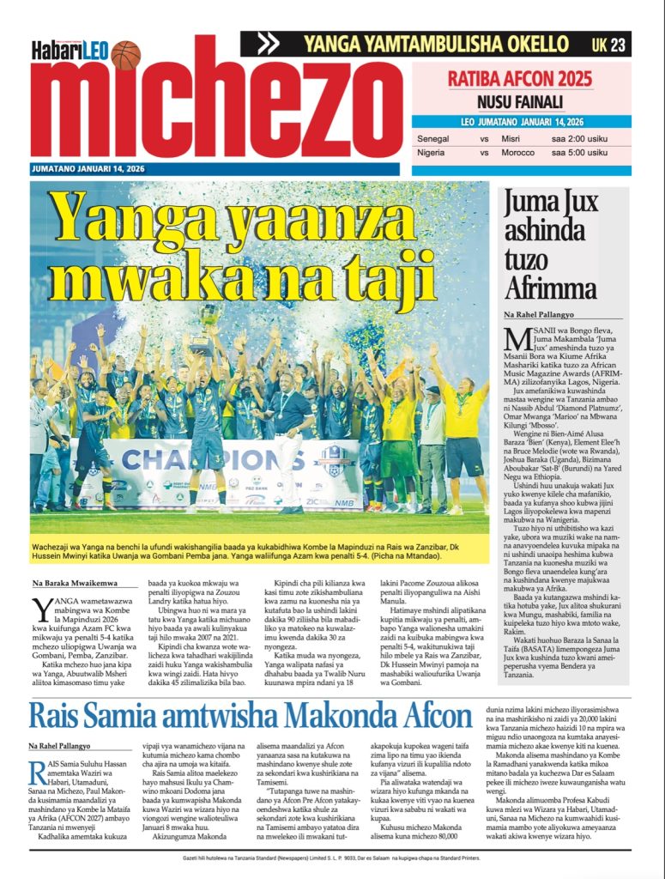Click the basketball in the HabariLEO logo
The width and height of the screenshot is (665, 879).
tap(126, 55)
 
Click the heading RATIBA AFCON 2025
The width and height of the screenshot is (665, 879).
tap(520, 80)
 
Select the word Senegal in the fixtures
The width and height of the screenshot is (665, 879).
tap(434, 138)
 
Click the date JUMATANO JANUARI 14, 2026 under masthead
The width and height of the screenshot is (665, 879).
tap(88, 169)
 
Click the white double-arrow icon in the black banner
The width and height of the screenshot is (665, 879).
tap(268, 44)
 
